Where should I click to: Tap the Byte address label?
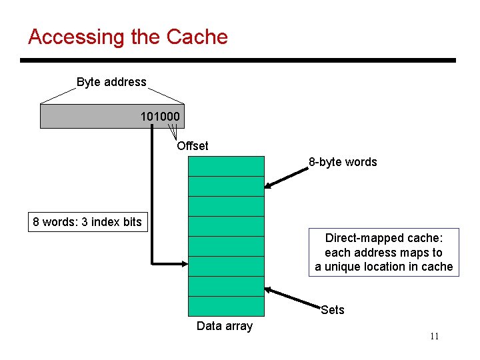tap(111, 82)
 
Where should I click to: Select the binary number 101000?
tap(159, 117)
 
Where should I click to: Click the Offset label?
tap(193, 146)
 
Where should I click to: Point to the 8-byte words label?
tap(342, 162)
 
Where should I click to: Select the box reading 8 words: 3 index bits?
tap(87, 222)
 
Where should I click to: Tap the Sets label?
tap(332, 309)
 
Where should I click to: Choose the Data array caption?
tap(225, 326)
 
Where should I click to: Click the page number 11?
tap(434, 336)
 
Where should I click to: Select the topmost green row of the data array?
tap(226, 165)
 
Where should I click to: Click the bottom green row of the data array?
tap(226, 305)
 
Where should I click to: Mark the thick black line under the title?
tap(238, 61)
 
